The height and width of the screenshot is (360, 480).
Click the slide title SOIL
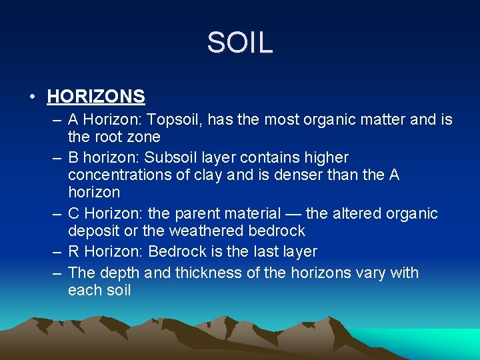point(239,43)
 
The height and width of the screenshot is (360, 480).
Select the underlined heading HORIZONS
point(96,97)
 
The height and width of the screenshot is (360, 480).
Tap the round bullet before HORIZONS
point(33,97)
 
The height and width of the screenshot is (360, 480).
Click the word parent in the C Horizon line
point(197,214)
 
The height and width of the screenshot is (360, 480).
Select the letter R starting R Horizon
point(73,252)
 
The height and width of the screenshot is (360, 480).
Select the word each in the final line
point(84,291)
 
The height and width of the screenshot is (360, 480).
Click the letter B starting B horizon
point(73,158)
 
